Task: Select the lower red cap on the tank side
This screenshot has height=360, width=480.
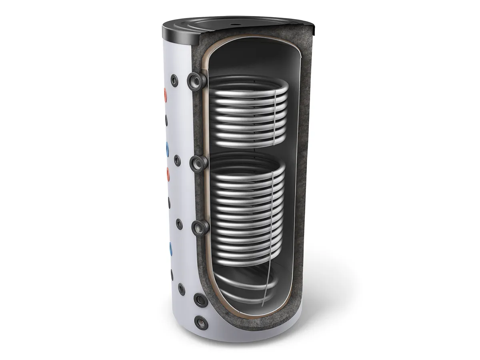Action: tap(167, 173)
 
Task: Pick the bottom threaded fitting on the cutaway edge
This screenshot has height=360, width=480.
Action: tap(200, 227)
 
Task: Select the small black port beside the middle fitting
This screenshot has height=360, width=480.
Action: tap(177, 160)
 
